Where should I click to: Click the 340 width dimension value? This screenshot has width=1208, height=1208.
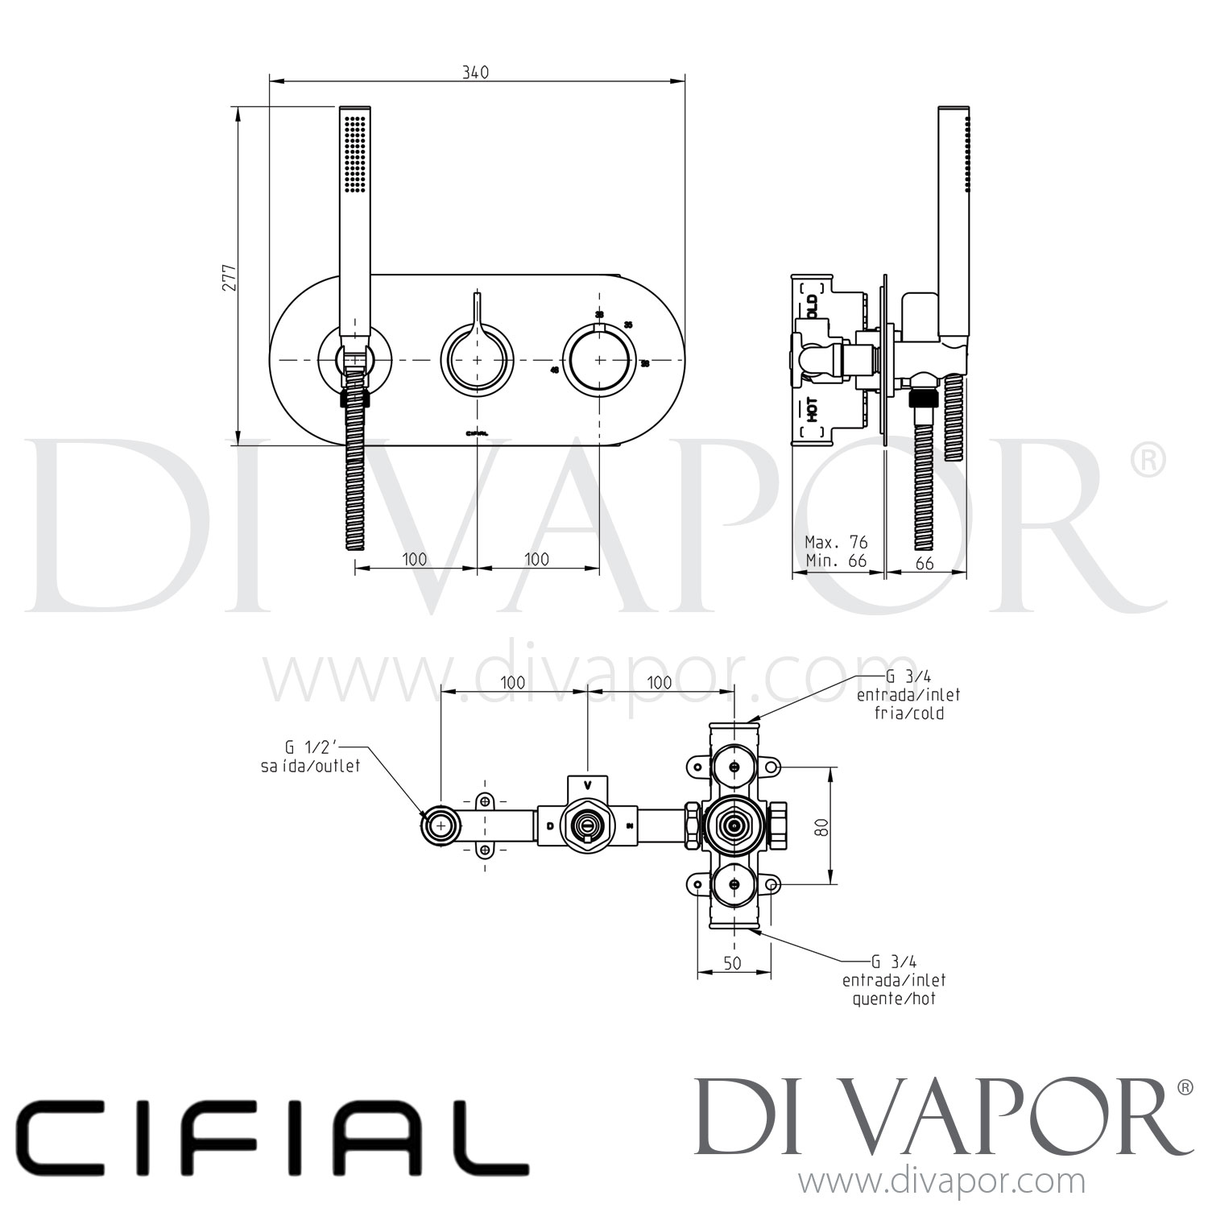(475, 72)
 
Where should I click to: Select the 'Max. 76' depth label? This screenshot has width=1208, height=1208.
(836, 542)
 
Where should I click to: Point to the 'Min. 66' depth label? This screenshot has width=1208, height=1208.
(836, 561)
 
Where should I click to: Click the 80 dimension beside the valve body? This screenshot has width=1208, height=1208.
(821, 825)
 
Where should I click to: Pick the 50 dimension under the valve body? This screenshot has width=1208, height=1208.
(732, 963)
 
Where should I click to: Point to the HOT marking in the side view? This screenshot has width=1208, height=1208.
(813, 410)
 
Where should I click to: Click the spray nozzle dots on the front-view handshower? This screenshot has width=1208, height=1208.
(354, 153)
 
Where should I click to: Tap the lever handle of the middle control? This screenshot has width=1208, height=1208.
(478, 310)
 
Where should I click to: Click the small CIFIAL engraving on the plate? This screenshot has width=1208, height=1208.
(478, 432)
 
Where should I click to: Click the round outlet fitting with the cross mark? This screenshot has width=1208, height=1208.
(441, 825)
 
